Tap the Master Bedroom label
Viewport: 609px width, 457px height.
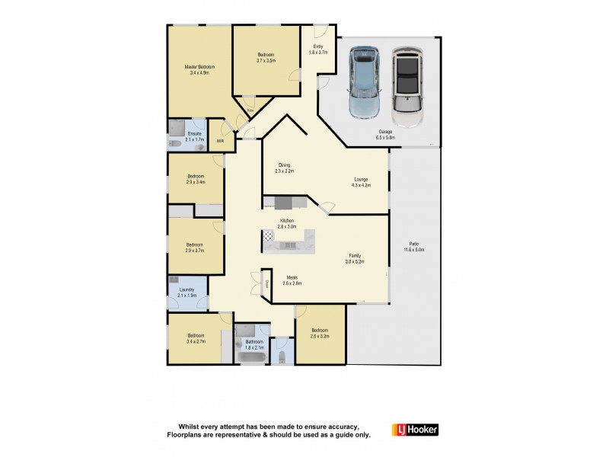pos(199,67)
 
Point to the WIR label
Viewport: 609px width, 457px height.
pos(219,141)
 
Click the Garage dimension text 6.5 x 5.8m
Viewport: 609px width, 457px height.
pos(386,137)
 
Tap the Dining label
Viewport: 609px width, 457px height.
pos(283,165)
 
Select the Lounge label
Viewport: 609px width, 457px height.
pos(361,180)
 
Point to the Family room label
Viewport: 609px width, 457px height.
pos(355,256)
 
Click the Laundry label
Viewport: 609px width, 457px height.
pos(187,289)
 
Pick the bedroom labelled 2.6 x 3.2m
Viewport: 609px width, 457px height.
pos(320,332)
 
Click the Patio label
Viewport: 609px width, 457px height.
pos(414,244)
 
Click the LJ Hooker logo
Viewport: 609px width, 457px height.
pos(415,429)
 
